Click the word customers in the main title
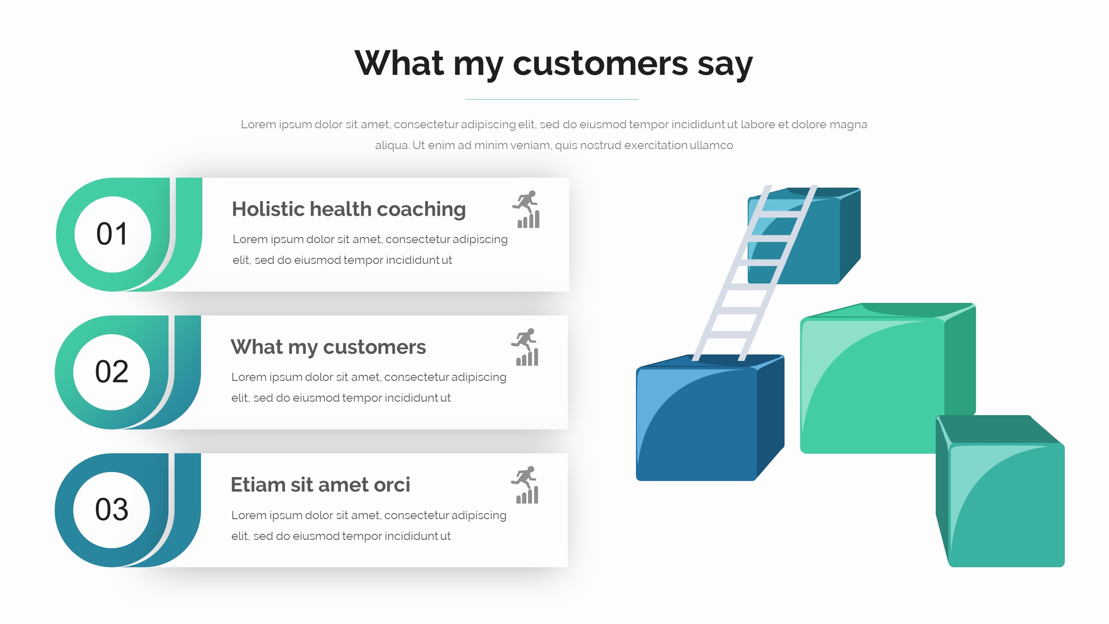600,63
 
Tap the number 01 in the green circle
112,234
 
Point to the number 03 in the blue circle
112,510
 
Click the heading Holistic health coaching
349,209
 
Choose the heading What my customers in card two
328,347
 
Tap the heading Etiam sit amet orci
320,484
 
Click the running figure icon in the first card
526,209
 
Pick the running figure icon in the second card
525,347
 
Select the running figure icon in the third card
525,485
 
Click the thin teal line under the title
552,99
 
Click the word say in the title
725,65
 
